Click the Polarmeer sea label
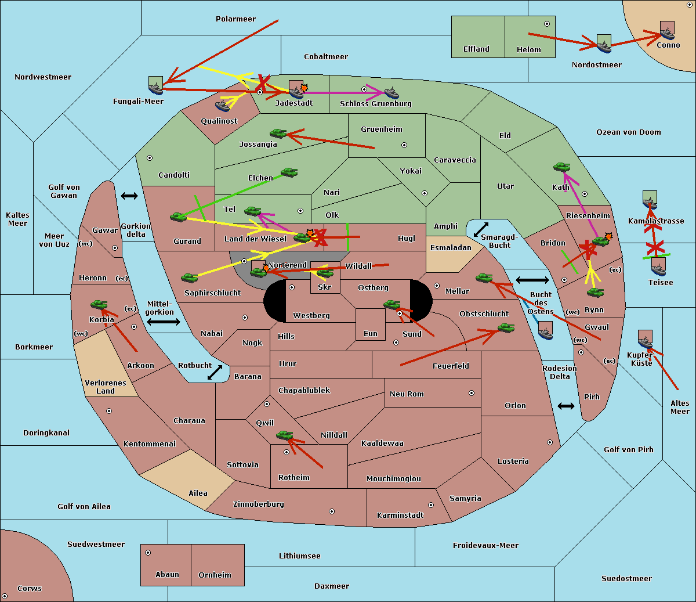click(x=235, y=19)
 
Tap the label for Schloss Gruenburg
click(x=375, y=103)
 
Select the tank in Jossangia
click(x=278, y=134)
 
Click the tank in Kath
click(x=561, y=167)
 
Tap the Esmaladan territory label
click(x=451, y=248)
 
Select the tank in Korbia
click(x=99, y=305)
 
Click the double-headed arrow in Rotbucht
click(x=215, y=373)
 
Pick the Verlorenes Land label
click(x=106, y=387)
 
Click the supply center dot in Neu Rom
click(x=472, y=393)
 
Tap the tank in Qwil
click(x=285, y=435)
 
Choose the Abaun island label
click(x=167, y=575)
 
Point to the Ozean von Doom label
click(x=628, y=132)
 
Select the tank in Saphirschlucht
click(x=189, y=278)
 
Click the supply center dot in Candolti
click(x=150, y=158)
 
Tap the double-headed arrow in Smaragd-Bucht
click(x=481, y=229)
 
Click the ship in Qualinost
click(x=222, y=106)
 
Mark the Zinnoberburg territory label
click(x=259, y=504)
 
